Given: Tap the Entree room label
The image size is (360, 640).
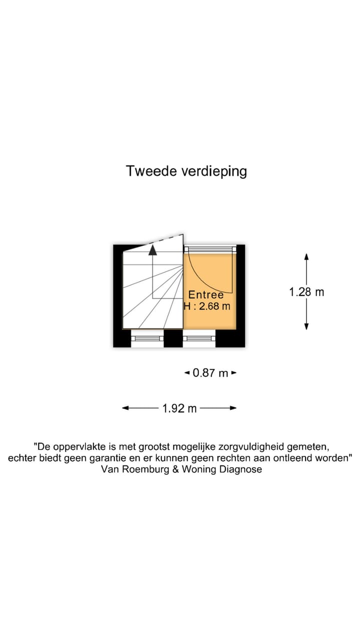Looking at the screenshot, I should point(206,295).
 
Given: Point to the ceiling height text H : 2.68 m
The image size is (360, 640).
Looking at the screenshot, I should point(207,306).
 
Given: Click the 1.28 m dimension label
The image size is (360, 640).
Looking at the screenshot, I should point(306,292).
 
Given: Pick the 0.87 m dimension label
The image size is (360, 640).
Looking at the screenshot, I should point(210,373).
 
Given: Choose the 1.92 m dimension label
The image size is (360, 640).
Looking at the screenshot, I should point(179,408).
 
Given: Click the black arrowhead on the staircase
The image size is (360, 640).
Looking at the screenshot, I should point(152,250).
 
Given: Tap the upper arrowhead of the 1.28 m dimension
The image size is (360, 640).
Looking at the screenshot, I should point(306,256).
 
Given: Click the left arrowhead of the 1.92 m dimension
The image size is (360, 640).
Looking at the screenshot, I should point(125,408).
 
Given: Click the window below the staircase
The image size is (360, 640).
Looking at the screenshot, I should point(147,338).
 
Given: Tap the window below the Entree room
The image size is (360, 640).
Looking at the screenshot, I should point(198,338).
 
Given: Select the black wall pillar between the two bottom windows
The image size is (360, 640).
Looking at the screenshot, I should point(173,338).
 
